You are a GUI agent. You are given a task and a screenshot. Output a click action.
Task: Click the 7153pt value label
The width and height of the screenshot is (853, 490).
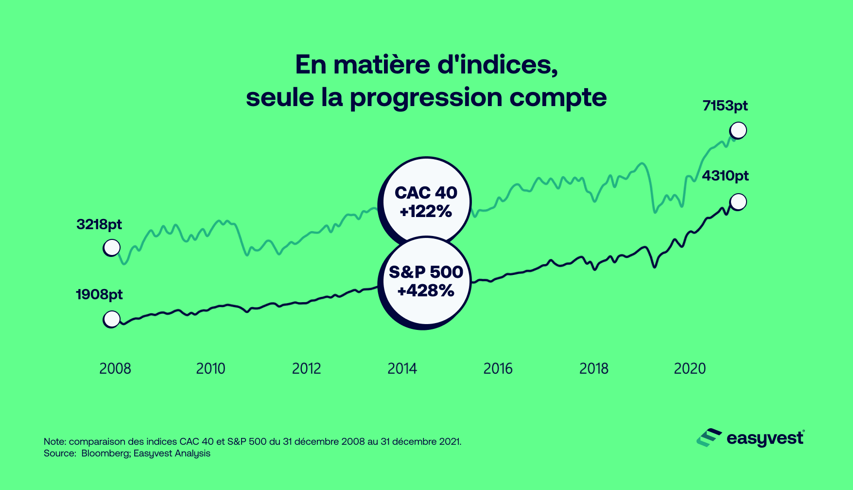[725, 106]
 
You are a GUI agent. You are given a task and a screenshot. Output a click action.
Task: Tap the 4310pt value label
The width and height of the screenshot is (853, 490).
[725, 176]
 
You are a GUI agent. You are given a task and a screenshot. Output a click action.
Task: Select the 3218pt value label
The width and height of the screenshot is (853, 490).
[99, 224]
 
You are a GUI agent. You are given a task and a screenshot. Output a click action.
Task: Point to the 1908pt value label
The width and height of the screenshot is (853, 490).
[99, 294]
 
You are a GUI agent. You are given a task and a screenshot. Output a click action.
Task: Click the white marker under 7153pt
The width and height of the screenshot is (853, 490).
[738, 130]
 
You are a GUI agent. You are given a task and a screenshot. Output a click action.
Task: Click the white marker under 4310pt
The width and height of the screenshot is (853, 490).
[738, 201]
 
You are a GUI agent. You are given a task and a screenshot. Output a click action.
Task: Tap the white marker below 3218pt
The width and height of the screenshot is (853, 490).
[112, 248]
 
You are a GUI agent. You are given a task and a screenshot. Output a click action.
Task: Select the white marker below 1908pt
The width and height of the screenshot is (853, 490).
[112, 319]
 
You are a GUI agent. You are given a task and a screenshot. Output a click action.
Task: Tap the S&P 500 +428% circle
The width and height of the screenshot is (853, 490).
[426, 282]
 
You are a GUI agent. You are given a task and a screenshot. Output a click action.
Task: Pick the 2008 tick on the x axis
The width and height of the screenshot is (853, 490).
[115, 368]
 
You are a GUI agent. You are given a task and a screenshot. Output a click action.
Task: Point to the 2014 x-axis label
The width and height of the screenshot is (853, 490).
[402, 368]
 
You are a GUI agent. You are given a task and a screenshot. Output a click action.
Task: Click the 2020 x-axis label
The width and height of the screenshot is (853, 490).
[689, 368]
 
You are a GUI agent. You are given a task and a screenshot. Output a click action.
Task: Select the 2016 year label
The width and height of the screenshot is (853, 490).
[498, 368]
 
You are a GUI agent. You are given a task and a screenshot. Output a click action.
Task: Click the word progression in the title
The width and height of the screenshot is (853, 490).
[426, 98]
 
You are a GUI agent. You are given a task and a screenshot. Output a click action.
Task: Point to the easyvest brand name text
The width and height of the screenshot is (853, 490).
[765, 438]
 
